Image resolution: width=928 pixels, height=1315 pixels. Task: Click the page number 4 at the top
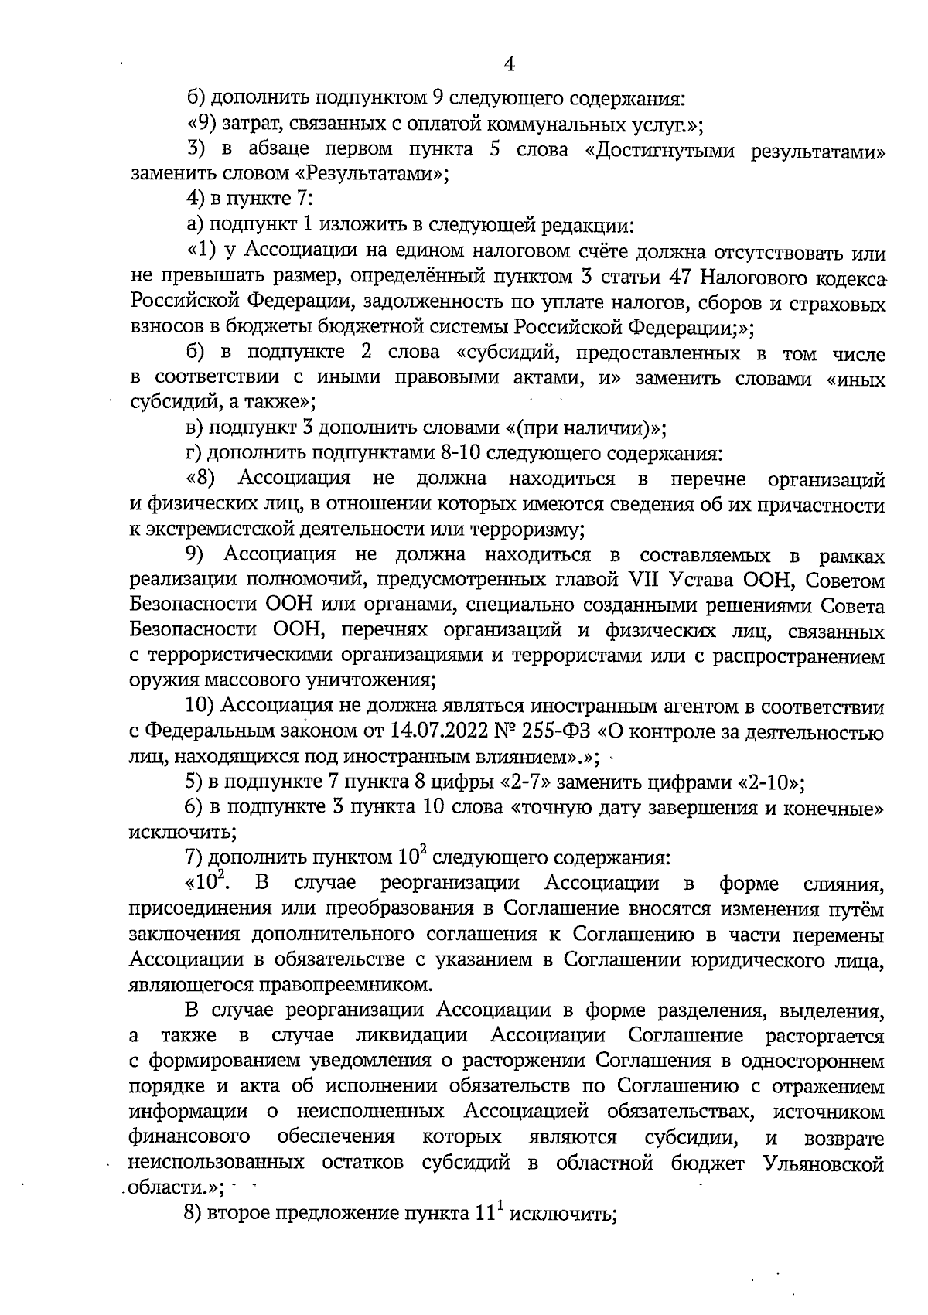pyautogui.click(x=509, y=64)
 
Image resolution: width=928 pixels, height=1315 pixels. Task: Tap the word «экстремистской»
pyautogui.click(x=223, y=530)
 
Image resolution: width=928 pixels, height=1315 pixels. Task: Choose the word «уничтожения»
pyautogui.click(x=375, y=680)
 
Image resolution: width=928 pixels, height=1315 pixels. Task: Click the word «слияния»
pyautogui.click(x=842, y=884)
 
